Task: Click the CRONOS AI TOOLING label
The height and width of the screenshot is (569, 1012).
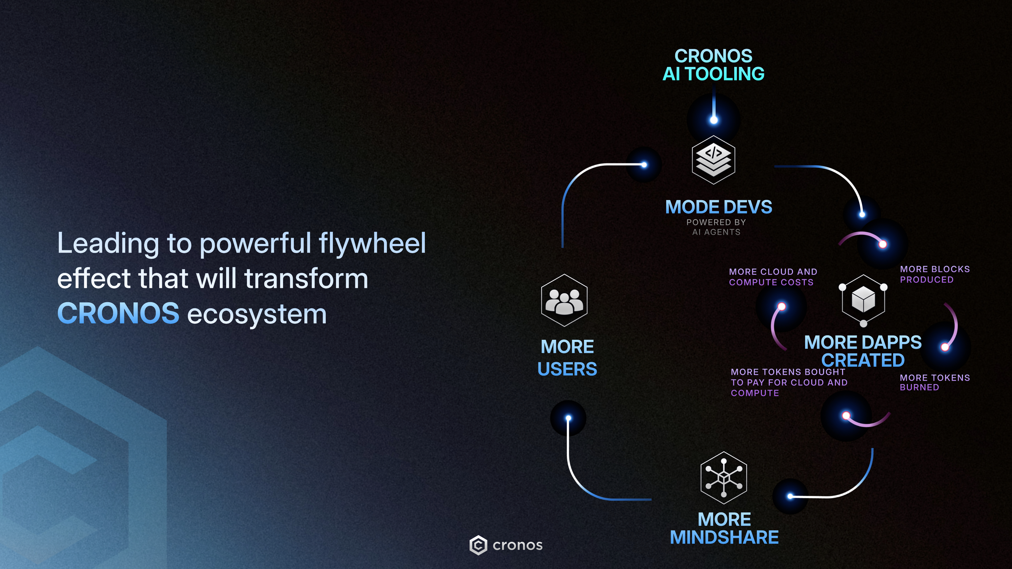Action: point(713,65)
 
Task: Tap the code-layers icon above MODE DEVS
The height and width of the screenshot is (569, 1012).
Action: point(713,160)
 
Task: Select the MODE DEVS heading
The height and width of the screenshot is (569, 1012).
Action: point(718,207)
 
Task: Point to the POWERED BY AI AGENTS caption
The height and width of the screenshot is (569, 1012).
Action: point(716,227)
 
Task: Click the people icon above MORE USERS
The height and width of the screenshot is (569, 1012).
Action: point(564,300)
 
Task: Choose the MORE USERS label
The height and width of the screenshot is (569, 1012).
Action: point(567,358)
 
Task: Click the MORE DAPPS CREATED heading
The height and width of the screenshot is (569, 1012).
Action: point(863,351)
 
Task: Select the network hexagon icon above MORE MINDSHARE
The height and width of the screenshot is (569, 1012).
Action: point(724,478)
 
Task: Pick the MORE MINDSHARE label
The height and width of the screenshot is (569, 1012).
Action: point(724,528)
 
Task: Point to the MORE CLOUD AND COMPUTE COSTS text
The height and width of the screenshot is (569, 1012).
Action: point(773,277)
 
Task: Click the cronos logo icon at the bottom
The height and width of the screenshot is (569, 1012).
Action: point(478,545)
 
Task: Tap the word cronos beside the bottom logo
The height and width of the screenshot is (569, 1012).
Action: point(517,545)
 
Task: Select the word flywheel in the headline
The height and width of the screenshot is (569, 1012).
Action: point(372,243)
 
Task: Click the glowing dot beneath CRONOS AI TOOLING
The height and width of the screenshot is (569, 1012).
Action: point(714,120)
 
